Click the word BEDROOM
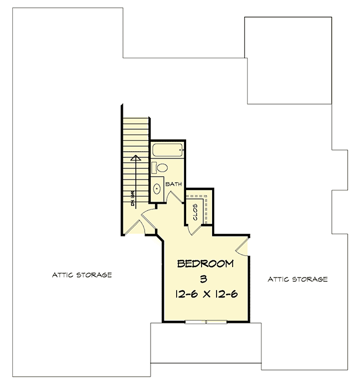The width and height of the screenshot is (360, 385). (x=204, y=264)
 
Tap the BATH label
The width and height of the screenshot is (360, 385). (x=174, y=183)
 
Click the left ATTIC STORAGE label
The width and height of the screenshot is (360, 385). (x=82, y=275)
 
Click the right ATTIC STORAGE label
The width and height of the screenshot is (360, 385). (x=297, y=279)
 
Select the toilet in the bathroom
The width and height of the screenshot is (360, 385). (x=162, y=167)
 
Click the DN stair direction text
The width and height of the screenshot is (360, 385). (x=133, y=199)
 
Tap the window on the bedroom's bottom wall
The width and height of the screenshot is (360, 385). (x=206, y=321)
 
